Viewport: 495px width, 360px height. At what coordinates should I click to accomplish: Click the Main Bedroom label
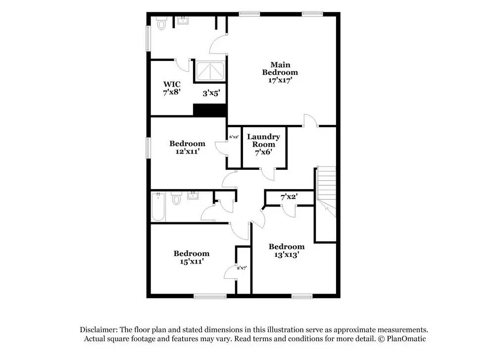pos(280,68)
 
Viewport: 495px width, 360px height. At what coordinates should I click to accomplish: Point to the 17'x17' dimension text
pos(280,80)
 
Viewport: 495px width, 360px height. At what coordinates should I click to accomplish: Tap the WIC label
pos(172,84)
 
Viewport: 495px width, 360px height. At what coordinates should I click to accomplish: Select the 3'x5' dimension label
pos(211,93)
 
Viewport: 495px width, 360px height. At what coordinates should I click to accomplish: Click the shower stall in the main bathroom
pos(210,71)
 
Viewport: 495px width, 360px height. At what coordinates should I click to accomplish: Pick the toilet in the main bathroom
pos(161,23)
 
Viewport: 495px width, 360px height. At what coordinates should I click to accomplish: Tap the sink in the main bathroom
pos(183,21)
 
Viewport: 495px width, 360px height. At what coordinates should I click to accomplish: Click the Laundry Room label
pos(263,140)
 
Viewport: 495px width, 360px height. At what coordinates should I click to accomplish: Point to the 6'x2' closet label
pos(234,137)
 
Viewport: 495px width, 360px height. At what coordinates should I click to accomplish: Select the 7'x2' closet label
pos(289,197)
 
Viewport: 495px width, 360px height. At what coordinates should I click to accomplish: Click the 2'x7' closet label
pos(242,268)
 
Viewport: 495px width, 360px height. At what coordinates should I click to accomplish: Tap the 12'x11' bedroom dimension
pos(187,152)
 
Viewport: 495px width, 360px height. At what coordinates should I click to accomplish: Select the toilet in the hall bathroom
pos(176,200)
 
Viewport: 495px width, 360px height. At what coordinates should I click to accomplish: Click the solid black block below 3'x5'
pos(209,110)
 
